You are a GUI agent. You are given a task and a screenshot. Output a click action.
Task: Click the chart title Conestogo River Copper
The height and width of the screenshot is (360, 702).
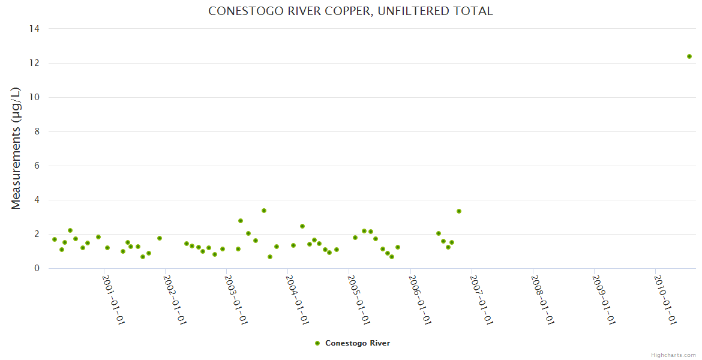point(350,11)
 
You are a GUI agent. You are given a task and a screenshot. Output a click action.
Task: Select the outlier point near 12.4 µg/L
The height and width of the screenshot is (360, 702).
point(689,56)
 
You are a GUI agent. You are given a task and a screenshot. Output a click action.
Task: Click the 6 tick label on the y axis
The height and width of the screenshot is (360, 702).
point(37,166)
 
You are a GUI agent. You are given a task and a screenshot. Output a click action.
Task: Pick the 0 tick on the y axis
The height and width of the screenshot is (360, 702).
point(37,268)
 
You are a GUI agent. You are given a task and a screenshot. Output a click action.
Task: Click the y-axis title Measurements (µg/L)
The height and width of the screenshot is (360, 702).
point(16,148)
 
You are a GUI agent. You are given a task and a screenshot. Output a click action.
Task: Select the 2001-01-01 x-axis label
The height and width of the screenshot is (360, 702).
point(113,300)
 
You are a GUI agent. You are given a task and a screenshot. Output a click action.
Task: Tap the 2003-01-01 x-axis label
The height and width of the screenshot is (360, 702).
point(236,300)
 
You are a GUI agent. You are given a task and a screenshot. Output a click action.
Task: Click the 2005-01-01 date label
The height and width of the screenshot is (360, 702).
point(358,300)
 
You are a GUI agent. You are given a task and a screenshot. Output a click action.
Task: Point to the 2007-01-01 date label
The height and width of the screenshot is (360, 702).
point(481,300)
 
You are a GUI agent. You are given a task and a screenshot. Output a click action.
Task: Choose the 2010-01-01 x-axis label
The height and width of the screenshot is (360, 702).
point(665,300)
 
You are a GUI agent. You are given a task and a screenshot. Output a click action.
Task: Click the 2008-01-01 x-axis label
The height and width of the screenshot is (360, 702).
point(542,300)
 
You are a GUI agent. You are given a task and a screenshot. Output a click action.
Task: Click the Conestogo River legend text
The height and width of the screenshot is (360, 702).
point(358,343)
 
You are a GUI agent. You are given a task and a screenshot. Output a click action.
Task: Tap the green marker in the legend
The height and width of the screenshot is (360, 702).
point(317,343)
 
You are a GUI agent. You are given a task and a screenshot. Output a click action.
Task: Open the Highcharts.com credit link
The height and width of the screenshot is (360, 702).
point(673,355)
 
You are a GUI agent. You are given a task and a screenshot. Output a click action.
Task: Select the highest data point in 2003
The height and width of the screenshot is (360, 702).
point(264,211)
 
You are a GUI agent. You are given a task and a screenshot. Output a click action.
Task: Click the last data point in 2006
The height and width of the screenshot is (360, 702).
point(459,211)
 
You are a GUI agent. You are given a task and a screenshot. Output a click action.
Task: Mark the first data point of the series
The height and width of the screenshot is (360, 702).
point(55,239)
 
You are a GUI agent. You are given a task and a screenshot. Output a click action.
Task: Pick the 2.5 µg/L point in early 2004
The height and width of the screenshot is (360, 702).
point(302,226)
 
